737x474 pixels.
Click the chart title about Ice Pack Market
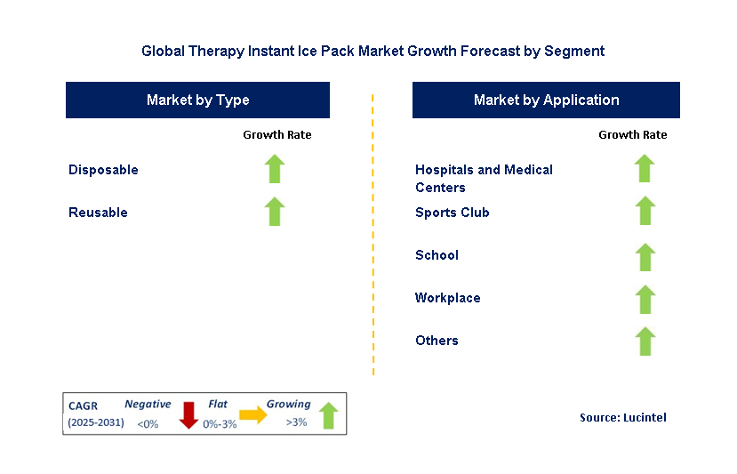point(373,51)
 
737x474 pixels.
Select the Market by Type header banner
point(197,100)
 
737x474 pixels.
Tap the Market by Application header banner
point(546,100)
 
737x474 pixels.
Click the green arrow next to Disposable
point(275,169)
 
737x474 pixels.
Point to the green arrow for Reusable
point(275,212)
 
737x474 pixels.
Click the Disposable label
point(103,170)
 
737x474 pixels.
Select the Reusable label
point(98,213)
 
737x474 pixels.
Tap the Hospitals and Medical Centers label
point(484,179)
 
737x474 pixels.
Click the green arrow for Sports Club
point(645,212)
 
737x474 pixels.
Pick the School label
point(437,255)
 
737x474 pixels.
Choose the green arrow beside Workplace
point(645,299)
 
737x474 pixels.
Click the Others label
point(437,341)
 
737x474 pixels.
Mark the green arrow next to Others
point(645,341)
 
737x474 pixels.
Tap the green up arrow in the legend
point(328,415)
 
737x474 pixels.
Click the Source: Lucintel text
point(622,417)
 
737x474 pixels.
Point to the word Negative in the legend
point(148,405)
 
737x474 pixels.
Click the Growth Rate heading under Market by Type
point(276,135)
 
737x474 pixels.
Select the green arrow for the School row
point(645,257)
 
